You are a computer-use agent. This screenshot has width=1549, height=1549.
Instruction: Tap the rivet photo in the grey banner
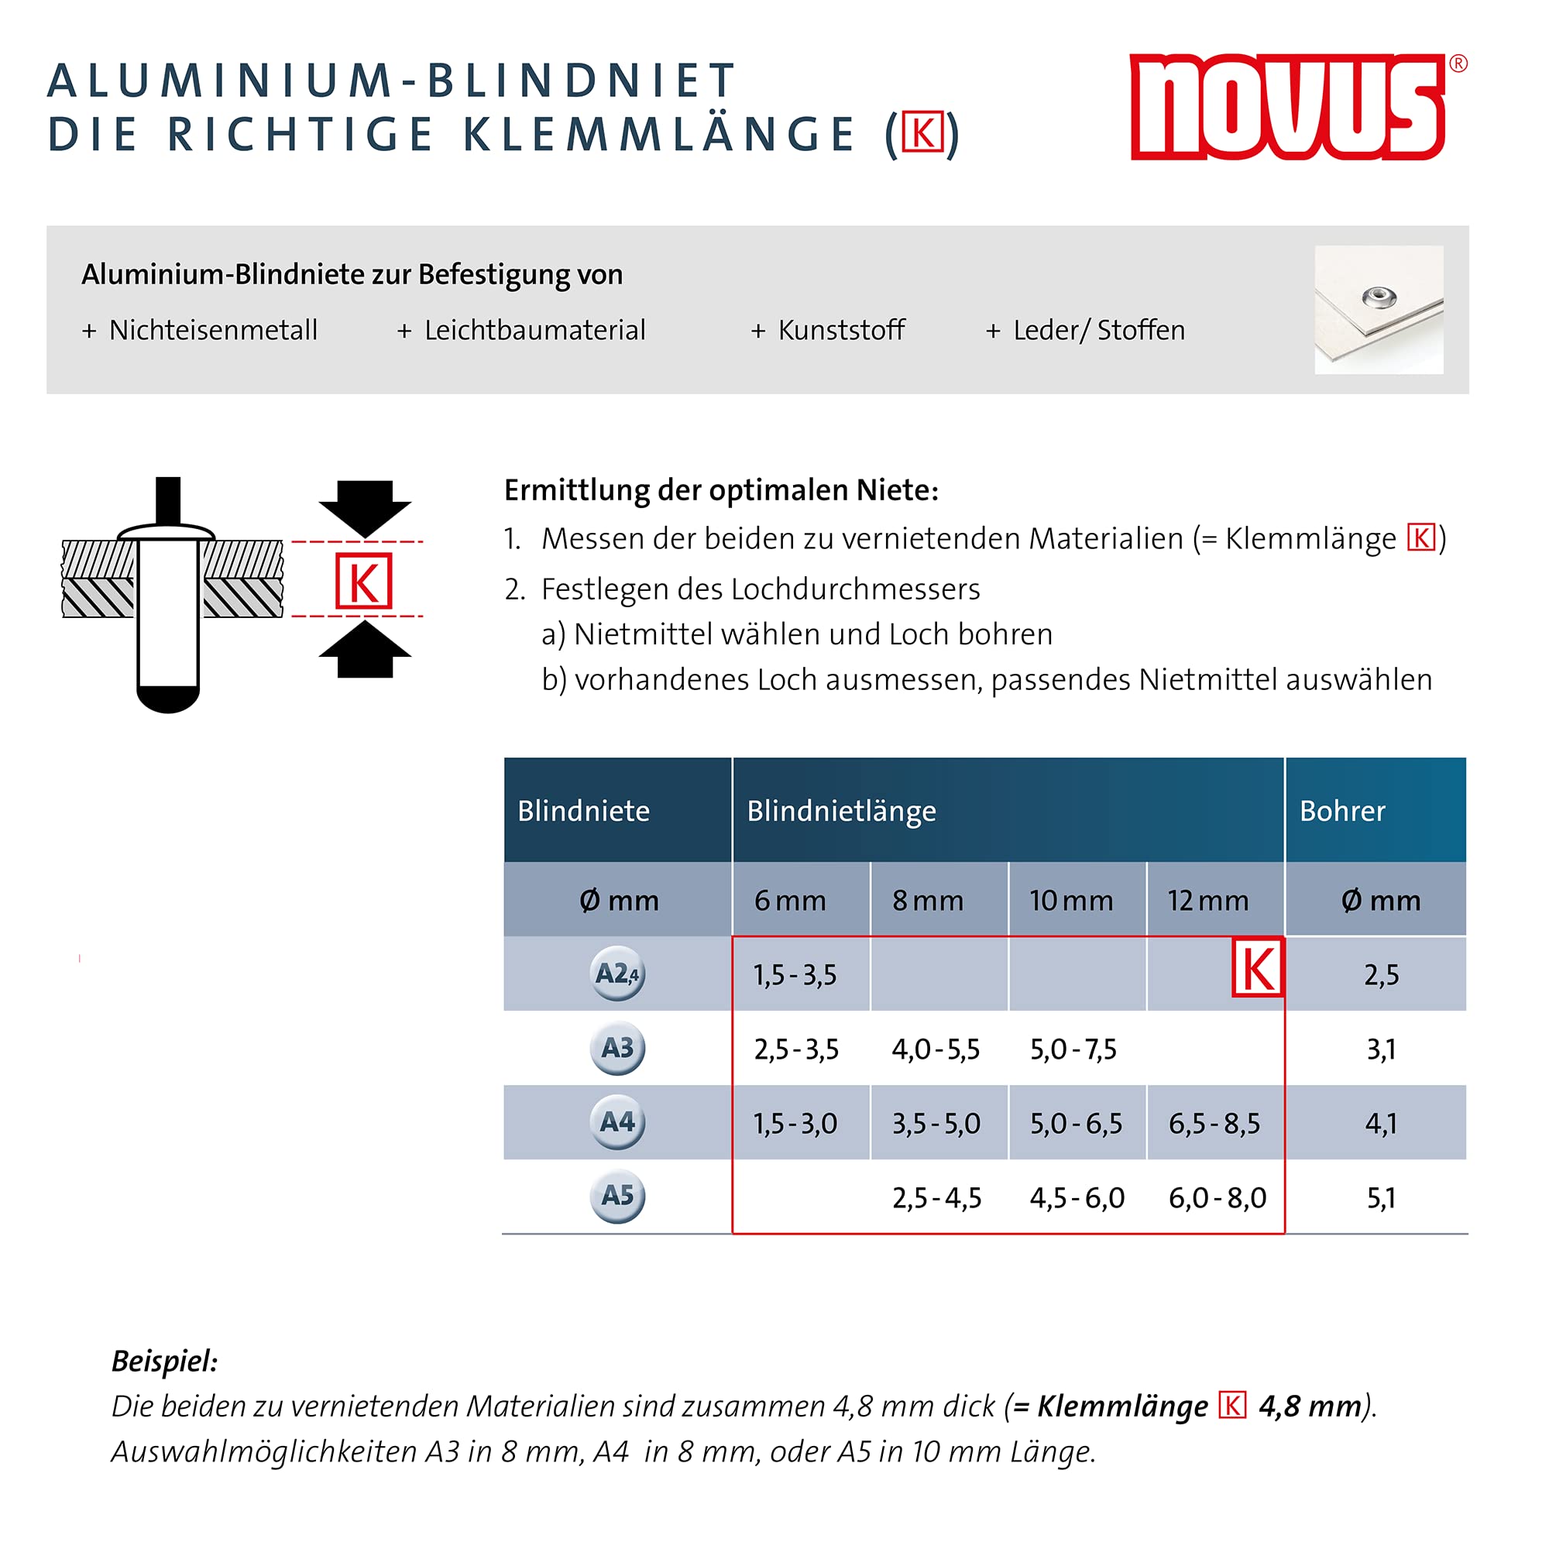click(x=1379, y=310)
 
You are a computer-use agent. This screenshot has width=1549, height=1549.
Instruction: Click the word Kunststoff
click(x=841, y=331)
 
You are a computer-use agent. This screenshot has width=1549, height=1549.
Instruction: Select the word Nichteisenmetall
click(x=213, y=331)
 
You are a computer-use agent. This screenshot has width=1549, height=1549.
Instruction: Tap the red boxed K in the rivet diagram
click(x=364, y=582)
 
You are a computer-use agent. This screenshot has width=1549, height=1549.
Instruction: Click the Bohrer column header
click(x=1342, y=811)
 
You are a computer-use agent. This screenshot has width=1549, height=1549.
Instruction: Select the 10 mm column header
click(x=1071, y=901)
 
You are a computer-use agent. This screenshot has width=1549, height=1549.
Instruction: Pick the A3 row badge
click(x=617, y=1048)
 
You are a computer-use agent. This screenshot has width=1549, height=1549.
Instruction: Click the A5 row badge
click(x=617, y=1197)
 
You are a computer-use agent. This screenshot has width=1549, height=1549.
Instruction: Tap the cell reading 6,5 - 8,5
click(x=1214, y=1123)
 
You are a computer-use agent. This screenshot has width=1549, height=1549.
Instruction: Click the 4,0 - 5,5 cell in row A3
click(x=936, y=1049)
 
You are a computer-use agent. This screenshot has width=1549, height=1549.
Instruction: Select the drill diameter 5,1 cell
click(x=1381, y=1198)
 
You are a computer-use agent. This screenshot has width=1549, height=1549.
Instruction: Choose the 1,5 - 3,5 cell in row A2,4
click(x=795, y=975)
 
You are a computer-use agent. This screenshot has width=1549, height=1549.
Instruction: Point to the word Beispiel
click(x=164, y=1361)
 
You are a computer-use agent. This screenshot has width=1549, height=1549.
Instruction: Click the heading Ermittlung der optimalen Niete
click(x=721, y=490)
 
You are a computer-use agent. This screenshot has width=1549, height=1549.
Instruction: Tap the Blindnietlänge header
click(x=841, y=811)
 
